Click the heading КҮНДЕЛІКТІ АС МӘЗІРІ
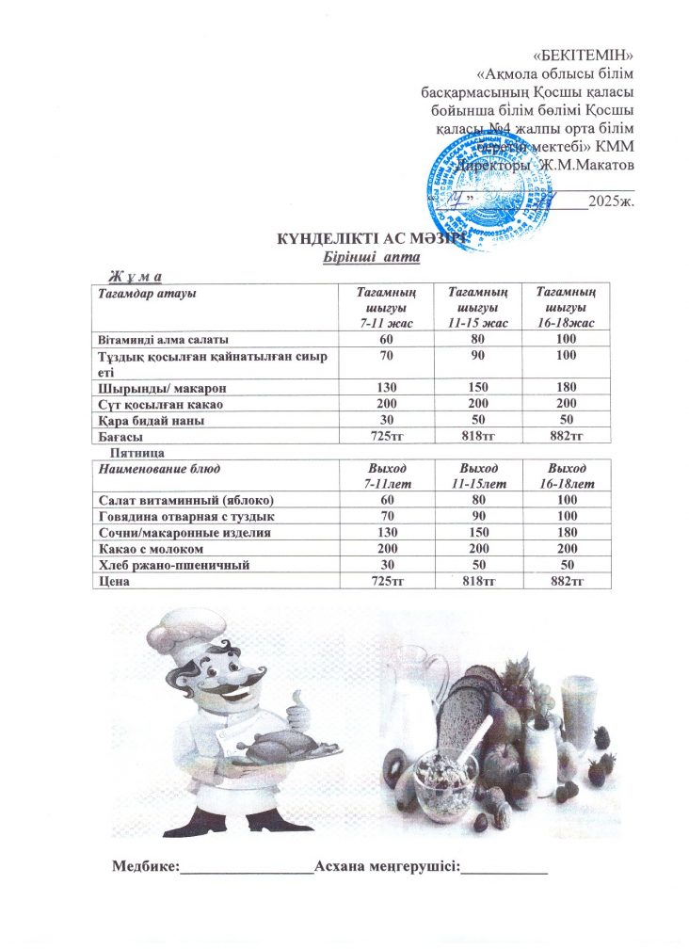pyautogui.click(x=367, y=240)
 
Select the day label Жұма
pyautogui.click(x=136, y=275)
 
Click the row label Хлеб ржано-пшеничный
pyautogui.click(x=171, y=565)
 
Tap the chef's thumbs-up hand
pyautogui.click(x=298, y=711)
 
